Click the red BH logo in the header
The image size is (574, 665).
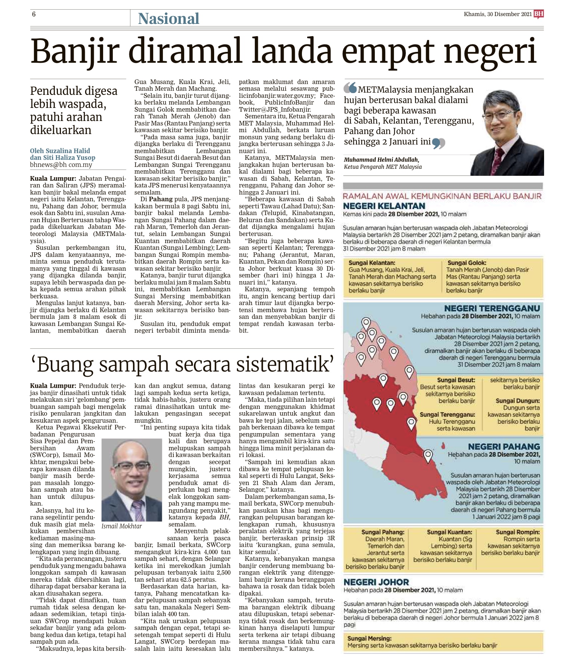(x=538, y=14)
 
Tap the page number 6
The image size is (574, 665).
(x=34, y=14)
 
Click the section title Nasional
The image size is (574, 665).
(x=169, y=19)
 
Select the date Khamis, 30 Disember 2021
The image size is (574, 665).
(x=497, y=14)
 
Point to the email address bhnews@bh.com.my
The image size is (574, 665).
(x=61, y=165)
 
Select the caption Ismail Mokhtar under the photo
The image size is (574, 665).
(x=121, y=526)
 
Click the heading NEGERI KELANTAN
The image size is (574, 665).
(x=384, y=206)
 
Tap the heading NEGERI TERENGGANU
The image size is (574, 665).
(x=492, y=308)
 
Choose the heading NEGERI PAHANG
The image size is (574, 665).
(x=504, y=447)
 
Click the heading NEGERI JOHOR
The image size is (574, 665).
(x=376, y=582)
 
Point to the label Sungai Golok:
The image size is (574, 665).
(x=467, y=263)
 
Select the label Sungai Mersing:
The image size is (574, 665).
(x=370, y=638)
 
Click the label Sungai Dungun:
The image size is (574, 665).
(x=517, y=401)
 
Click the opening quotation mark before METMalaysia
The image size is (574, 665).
(x=350, y=88)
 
